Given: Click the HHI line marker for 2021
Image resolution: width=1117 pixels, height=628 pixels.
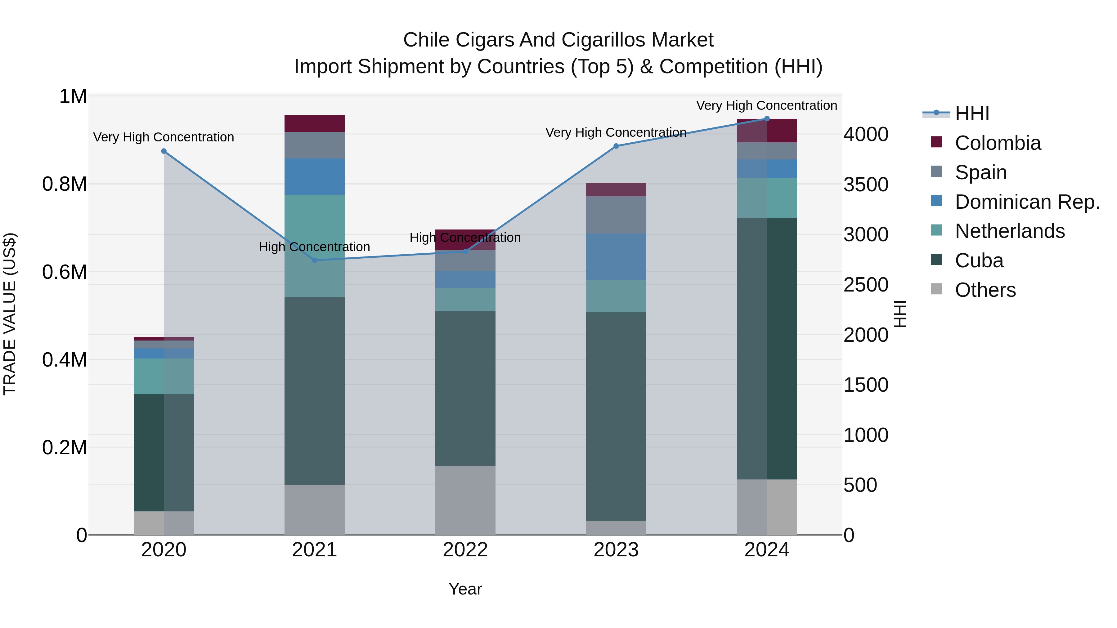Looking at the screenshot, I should click(x=315, y=260).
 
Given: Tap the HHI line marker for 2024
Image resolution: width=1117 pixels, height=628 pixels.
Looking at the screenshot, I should click(x=767, y=119).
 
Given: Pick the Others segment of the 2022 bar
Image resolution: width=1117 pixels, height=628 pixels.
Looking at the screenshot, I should click(x=465, y=500).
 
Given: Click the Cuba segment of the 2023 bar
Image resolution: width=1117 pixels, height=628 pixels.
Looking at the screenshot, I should click(x=616, y=416).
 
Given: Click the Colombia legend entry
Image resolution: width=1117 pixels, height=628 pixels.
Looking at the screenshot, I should click(x=997, y=143).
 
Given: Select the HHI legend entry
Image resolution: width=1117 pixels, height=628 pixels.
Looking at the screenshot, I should click(x=971, y=114).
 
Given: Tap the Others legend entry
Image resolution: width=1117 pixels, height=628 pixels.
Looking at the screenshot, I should click(x=985, y=290).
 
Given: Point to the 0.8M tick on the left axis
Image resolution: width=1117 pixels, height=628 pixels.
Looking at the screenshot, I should click(x=65, y=184).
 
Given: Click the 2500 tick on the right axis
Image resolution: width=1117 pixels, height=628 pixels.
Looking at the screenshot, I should click(x=865, y=285).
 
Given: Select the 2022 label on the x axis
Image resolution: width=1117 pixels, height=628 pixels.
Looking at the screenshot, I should click(x=465, y=550).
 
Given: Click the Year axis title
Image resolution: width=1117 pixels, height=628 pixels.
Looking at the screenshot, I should click(x=465, y=589).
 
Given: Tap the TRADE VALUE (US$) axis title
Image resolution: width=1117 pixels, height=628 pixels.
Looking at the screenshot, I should click(x=10, y=314).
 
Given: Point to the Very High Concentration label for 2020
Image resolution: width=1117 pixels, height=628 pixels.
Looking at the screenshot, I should click(x=164, y=137).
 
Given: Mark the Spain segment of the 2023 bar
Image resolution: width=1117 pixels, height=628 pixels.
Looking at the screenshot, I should click(x=616, y=215).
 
